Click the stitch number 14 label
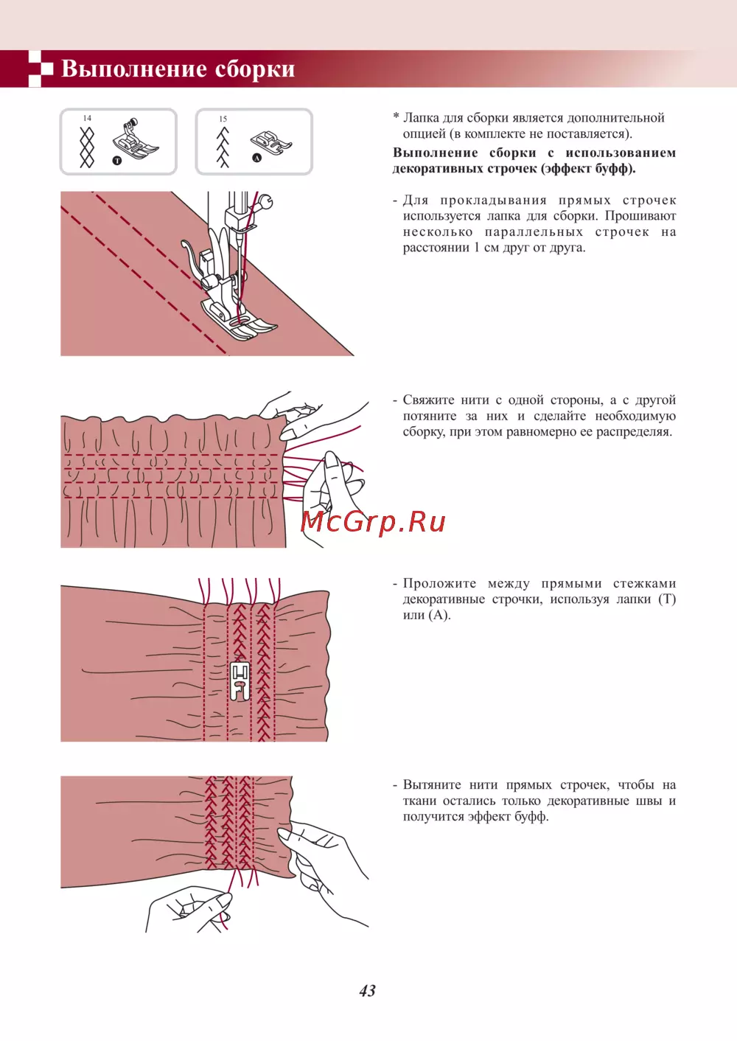pos(87,119)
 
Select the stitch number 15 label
pos(223,119)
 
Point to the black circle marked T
pos(117,161)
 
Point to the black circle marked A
pos(256,158)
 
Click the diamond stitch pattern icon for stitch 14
pos(87,147)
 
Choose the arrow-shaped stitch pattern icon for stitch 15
pos(223,147)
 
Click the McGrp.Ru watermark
pos(373,523)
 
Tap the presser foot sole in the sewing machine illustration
pos(239,320)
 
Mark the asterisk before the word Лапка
pos(396,116)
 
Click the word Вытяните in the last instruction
pos(431,785)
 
